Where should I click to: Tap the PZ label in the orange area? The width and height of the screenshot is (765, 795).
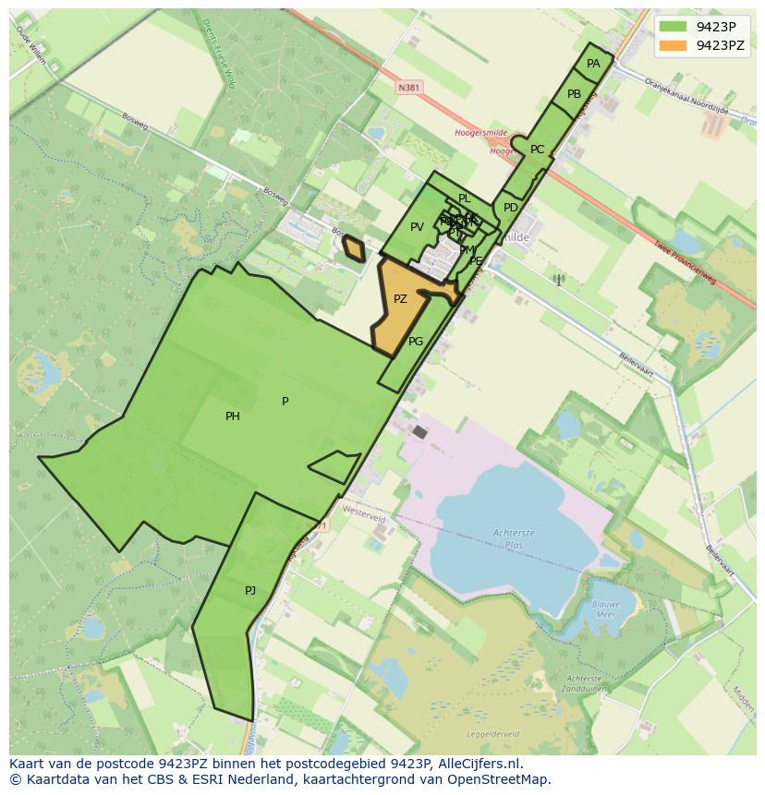[400, 299]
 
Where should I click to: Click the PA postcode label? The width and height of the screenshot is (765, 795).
[593, 64]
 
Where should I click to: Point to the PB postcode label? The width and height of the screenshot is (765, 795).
[574, 94]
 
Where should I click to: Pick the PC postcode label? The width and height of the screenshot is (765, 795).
[537, 150]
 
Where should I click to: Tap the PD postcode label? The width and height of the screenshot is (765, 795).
[511, 208]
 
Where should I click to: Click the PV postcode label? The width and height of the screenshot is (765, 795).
[417, 227]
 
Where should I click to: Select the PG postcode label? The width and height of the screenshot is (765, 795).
[416, 342]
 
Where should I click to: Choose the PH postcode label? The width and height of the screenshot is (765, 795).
[233, 416]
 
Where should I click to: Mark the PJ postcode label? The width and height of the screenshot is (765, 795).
[250, 591]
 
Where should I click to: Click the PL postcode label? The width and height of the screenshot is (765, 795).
[465, 199]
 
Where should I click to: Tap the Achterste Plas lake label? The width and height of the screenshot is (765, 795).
[514, 538]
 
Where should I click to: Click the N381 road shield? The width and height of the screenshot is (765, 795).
[408, 88]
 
